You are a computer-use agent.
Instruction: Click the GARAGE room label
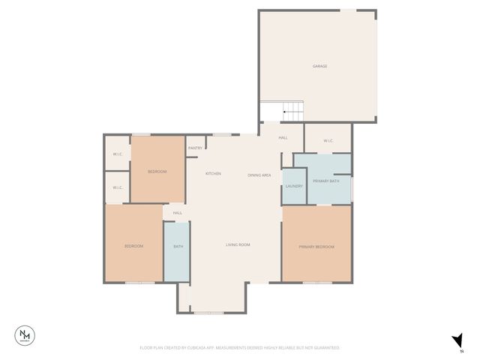(319, 66)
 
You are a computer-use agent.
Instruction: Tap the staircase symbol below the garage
(293, 112)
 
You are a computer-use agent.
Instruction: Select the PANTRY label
(195, 148)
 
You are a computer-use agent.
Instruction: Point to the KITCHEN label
(213, 174)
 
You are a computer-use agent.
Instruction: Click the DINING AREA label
(259, 175)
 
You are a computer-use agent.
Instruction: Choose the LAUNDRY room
(293, 186)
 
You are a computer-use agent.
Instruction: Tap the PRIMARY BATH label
(326, 181)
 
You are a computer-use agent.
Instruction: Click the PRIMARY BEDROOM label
(316, 247)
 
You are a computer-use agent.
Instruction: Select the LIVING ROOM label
(238, 244)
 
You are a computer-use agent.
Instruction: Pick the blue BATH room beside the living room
(178, 247)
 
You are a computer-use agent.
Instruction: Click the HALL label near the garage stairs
(283, 138)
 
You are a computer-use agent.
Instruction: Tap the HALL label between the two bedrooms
(178, 213)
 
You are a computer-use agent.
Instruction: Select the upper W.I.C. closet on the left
(118, 154)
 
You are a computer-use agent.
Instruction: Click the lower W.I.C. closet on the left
(118, 187)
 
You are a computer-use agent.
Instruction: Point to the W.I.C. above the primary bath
(328, 141)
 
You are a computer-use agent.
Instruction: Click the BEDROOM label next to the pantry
(157, 172)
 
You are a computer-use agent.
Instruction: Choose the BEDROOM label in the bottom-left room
(133, 246)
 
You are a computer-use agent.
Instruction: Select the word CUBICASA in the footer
(193, 348)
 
